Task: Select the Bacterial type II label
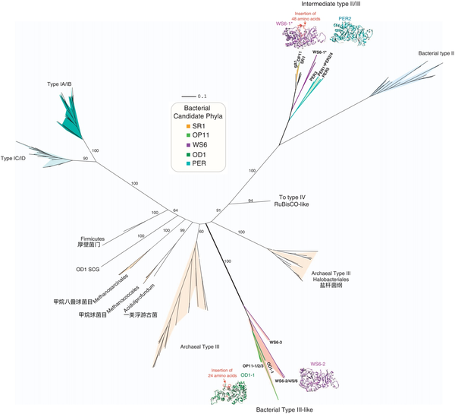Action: coord(436,54)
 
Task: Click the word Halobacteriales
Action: coord(330,279)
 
